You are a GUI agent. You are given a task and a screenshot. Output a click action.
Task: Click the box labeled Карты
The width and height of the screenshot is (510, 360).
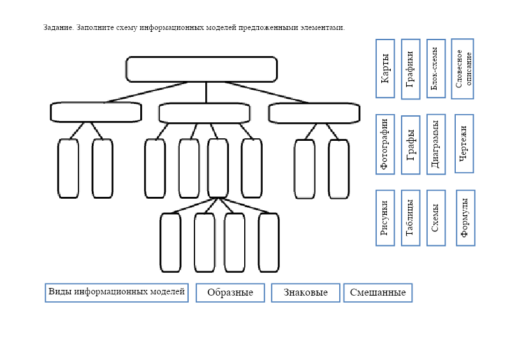(385, 68)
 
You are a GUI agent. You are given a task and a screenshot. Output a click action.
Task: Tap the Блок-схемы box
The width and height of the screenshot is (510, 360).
(435, 68)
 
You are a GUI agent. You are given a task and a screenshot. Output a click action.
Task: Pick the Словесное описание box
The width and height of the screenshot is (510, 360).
(463, 69)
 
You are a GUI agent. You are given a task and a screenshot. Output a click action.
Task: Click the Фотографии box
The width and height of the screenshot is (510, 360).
(385, 144)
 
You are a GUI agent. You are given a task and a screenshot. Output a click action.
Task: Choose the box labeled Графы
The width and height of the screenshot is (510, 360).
(411, 145)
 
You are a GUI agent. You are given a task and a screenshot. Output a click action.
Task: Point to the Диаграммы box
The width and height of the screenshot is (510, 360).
(435, 144)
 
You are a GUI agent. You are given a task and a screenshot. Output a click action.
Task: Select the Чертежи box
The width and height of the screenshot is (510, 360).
(465, 143)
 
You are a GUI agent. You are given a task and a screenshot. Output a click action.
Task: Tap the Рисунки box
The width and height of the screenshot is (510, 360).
(385, 218)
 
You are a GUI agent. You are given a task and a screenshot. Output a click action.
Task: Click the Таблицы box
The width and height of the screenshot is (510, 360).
(411, 218)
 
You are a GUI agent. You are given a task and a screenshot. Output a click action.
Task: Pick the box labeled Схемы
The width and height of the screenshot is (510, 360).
(436, 218)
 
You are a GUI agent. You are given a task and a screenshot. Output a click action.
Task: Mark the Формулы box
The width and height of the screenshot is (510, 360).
(465, 218)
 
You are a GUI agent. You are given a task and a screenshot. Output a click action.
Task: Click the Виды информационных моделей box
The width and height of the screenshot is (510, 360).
(117, 292)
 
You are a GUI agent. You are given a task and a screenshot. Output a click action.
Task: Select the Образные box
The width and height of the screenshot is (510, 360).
(229, 292)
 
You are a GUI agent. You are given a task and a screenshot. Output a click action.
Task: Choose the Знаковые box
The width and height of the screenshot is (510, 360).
(305, 292)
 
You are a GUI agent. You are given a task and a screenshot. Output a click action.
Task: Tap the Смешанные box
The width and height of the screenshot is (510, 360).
(378, 292)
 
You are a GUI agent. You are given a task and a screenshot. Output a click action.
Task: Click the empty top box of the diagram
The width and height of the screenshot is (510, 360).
(201, 69)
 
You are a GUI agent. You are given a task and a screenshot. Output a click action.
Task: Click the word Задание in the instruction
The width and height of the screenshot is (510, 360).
(58, 27)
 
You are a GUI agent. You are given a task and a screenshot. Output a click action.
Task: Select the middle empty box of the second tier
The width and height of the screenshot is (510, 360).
(205, 113)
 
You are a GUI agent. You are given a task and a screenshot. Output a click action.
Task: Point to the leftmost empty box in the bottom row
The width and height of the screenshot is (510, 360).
(170, 243)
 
